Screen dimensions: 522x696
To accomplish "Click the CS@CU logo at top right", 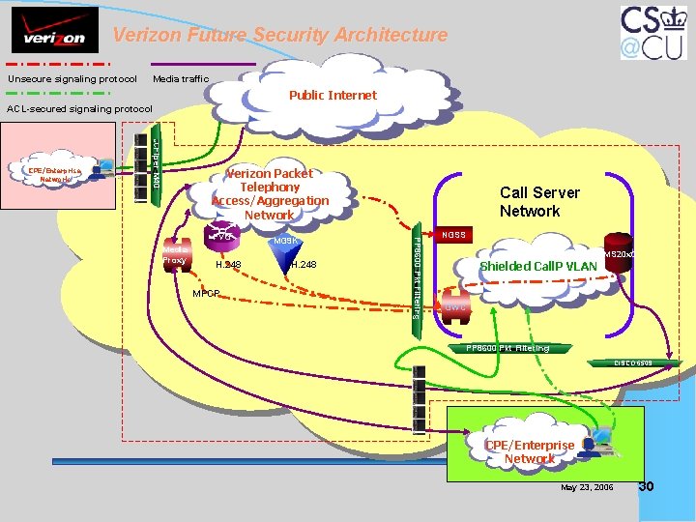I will click(x=654, y=35).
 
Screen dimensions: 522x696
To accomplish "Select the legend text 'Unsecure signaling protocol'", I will click(x=72, y=78).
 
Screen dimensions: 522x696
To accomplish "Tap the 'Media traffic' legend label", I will click(x=181, y=78).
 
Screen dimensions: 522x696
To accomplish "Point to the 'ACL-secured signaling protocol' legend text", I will click(x=80, y=108).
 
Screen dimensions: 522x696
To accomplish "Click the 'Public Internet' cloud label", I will click(x=333, y=95).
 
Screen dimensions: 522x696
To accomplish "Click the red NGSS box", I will click(x=453, y=235).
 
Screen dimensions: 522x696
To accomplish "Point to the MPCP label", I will click(x=206, y=292).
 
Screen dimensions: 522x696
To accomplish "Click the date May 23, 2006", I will click(x=587, y=486).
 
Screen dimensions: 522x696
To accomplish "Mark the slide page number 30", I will click(x=647, y=485).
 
